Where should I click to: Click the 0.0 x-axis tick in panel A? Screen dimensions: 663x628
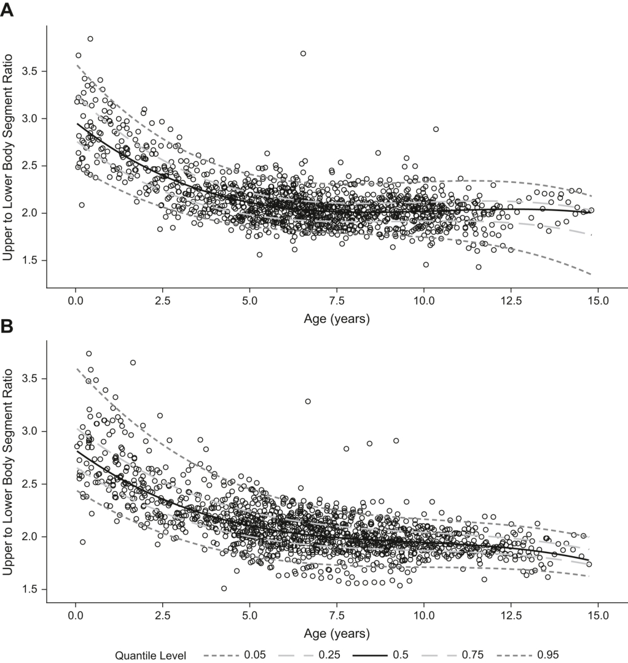75,301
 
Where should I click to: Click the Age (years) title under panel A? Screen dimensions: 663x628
336,319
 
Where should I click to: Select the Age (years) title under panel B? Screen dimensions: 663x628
336,632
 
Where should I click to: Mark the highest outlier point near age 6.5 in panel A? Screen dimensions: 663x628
303,53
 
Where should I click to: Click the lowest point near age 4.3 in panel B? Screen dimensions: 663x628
224,589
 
